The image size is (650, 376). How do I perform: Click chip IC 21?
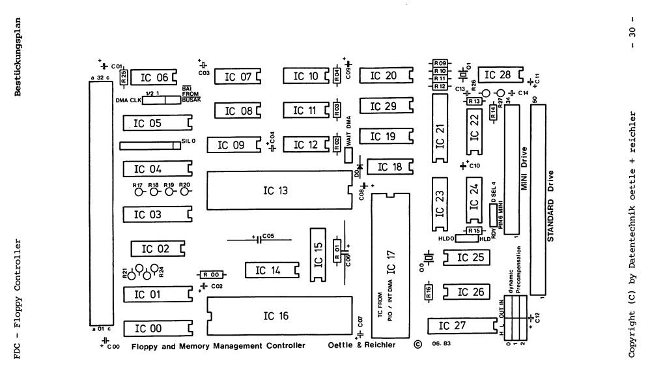pyautogui.click(x=442, y=128)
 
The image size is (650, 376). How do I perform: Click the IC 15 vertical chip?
pyautogui.click(x=318, y=255)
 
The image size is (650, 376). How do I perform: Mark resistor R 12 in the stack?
pyautogui.click(x=440, y=86)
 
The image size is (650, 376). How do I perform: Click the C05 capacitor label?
pyautogui.click(x=269, y=236)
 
